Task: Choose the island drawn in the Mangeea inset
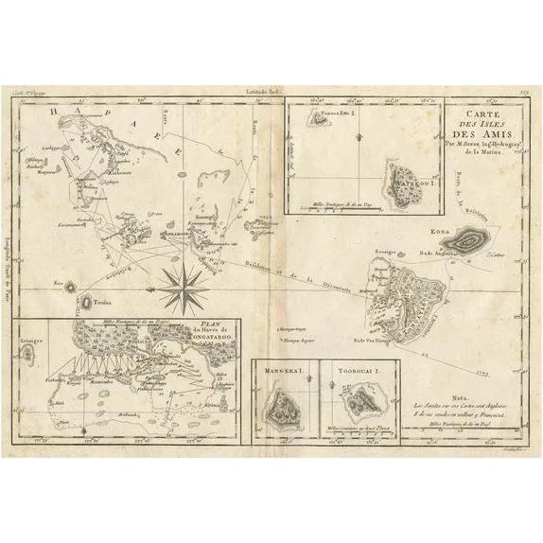[281, 408]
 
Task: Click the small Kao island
[68, 284]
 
